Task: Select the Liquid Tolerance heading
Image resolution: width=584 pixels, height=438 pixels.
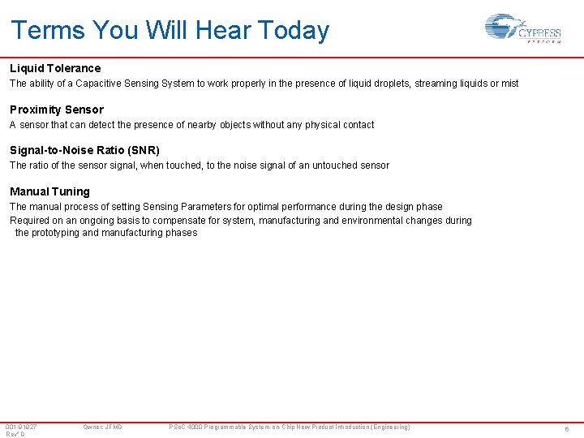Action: [x=55, y=68]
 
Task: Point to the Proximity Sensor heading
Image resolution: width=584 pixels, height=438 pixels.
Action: [x=57, y=109]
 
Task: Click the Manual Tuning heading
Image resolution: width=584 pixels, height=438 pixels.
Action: [x=49, y=191]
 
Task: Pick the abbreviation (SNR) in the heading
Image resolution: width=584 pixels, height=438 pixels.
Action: [x=144, y=150]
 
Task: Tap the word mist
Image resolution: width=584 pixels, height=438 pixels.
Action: [x=509, y=84]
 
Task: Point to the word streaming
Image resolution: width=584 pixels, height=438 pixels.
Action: [x=406, y=84]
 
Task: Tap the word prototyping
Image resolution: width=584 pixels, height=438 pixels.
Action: [x=56, y=233]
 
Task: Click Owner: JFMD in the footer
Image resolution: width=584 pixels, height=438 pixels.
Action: [x=102, y=427]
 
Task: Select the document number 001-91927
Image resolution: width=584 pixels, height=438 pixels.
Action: [x=21, y=427]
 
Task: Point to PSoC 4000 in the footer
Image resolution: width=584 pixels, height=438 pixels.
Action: [x=187, y=427]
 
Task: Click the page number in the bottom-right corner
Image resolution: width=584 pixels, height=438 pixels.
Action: [x=567, y=428]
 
